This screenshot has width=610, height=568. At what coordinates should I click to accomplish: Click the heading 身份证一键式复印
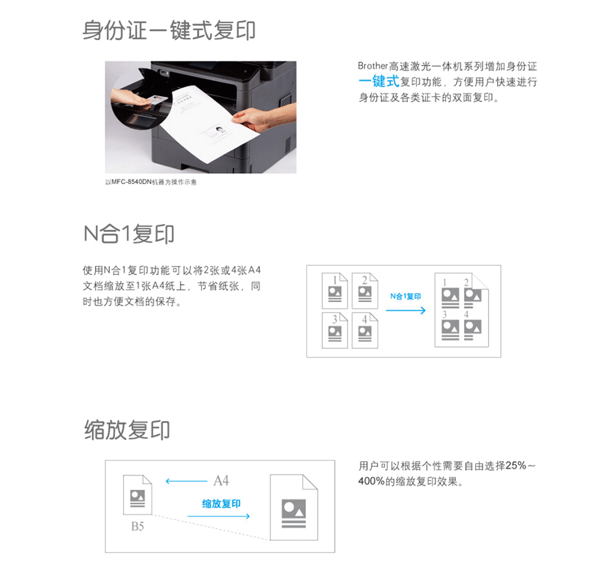pyautogui.click(x=169, y=30)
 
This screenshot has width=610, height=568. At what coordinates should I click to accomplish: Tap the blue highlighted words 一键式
pyautogui.click(x=379, y=82)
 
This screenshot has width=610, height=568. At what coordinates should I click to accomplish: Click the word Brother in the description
pyautogui.click(x=373, y=66)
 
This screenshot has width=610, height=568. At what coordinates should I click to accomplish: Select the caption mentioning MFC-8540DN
pyautogui.click(x=151, y=182)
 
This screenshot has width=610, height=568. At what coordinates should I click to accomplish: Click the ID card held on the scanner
pyautogui.click(x=159, y=100)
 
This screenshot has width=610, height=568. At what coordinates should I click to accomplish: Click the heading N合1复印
pyautogui.click(x=129, y=234)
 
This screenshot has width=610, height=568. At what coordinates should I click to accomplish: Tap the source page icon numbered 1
pyautogui.click(x=335, y=290)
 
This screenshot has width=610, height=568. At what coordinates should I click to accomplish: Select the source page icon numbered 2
pyautogui.click(x=365, y=290)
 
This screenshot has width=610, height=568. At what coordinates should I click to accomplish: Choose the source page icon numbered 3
pyautogui.click(x=335, y=330)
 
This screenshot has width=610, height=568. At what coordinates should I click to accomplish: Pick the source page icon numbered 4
pyautogui.click(x=365, y=330)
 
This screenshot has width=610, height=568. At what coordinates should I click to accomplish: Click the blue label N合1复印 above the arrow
pyautogui.click(x=405, y=297)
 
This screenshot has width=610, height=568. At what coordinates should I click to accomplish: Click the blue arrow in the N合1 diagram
pyautogui.click(x=406, y=310)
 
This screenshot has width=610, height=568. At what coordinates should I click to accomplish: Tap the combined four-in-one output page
pyautogui.click(x=462, y=310)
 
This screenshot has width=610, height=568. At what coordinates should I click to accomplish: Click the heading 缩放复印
pyautogui.click(x=127, y=430)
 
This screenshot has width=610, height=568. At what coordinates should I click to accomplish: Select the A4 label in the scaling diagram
pyautogui.click(x=221, y=481)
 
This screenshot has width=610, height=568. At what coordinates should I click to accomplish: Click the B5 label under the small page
pyautogui.click(x=137, y=526)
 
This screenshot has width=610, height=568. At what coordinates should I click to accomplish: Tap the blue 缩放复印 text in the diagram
pyautogui.click(x=221, y=504)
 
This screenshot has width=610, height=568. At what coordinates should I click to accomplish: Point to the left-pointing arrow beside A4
pyautogui.click(x=186, y=481)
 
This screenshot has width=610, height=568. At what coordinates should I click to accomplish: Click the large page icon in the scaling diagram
pyautogui.click(x=294, y=508)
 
